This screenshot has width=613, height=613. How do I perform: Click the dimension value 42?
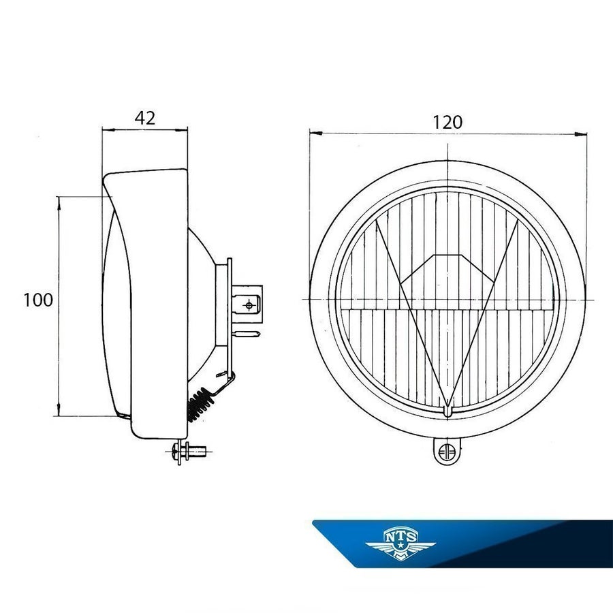(144, 118)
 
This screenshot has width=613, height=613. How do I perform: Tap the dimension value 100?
(38, 300)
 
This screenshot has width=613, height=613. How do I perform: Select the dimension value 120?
(447, 123)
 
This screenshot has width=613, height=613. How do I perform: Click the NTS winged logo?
(400, 544)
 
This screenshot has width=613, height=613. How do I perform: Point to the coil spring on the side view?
(200, 404)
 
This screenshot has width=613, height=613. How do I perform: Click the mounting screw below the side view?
(189, 452)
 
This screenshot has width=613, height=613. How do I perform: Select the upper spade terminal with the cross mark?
(247, 304)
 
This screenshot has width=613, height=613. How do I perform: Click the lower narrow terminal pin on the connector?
(247, 334)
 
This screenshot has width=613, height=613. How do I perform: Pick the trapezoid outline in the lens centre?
(447, 268)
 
